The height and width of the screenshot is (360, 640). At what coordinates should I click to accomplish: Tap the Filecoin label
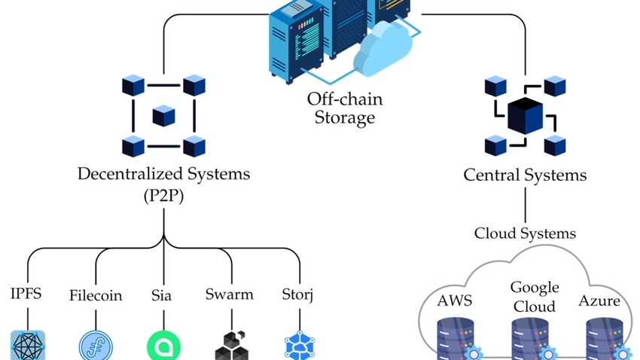(96, 294)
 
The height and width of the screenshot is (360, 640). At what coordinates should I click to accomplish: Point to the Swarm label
(230, 294)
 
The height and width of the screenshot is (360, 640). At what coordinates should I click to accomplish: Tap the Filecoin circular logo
(96, 346)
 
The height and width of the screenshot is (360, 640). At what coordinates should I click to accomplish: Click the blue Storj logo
(300, 346)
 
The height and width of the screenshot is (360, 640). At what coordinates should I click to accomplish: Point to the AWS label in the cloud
(456, 301)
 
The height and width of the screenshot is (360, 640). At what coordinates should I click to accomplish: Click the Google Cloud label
(535, 297)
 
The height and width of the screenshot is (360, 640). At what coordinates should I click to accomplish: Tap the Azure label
(599, 301)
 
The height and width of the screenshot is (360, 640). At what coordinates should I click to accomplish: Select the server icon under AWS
(456, 338)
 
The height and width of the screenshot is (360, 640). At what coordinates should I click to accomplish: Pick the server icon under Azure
(605, 338)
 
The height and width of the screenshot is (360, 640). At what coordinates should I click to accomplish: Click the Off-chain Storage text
(344, 108)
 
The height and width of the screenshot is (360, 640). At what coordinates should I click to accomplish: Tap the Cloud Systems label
(525, 233)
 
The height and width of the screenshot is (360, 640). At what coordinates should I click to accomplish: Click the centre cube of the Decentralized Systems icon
(163, 115)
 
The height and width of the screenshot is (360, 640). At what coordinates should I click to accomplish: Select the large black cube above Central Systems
(525, 115)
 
